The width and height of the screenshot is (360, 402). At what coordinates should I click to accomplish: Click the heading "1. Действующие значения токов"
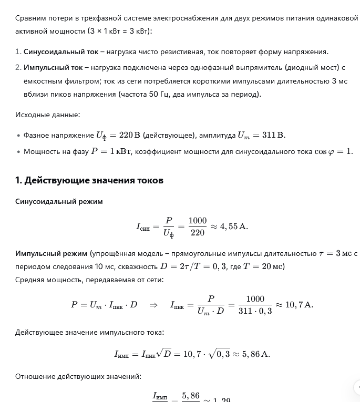[89, 180]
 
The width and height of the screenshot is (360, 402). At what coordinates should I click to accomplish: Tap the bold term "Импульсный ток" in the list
[53, 67]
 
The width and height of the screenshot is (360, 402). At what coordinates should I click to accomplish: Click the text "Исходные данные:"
[47, 115]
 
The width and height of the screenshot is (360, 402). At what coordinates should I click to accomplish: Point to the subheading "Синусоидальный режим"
[59, 201]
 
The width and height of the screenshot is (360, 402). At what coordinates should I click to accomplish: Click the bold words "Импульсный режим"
[51, 253]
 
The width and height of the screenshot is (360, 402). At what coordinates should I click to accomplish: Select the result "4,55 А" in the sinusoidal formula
[233, 226]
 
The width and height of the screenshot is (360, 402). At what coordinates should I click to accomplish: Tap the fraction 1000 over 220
[198, 226]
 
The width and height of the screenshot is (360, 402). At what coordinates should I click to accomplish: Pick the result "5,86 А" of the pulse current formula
[256, 354]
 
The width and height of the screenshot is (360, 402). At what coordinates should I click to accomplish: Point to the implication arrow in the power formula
[153, 305]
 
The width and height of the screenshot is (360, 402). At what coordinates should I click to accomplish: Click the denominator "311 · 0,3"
[255, 311]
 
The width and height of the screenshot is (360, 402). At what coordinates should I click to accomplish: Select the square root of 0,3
[219, 354]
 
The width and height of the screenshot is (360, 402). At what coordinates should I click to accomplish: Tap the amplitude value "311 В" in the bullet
[273, 136]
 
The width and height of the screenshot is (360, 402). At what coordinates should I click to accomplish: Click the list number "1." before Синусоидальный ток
[18, 51]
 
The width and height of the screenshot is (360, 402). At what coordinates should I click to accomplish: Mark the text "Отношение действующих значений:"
[78, 376]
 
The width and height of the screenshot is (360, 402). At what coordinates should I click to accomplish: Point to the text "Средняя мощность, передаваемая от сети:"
[89, 280]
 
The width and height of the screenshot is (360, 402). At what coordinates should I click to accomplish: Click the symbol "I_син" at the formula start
[143, 227]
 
